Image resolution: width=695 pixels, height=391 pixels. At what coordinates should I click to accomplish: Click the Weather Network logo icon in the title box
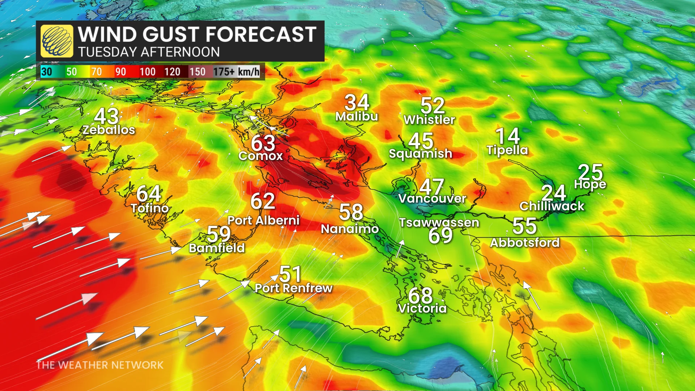(x=56, y=41)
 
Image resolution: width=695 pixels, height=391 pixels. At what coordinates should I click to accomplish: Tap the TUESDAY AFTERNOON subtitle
(x=149, y=52)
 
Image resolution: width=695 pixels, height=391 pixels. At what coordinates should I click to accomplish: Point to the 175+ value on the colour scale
(x=224, y=72)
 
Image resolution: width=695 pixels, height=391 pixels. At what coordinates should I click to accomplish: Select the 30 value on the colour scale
(x=47, y=72)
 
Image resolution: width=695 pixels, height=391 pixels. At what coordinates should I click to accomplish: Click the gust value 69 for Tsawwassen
(x=440, y=236)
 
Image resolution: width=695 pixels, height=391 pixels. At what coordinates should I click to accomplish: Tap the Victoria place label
(x=422, y=308)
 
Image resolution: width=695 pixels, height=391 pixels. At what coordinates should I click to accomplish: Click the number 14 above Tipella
(x=507, y=136)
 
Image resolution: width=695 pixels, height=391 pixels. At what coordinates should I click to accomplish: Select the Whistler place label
(x=429, y=120)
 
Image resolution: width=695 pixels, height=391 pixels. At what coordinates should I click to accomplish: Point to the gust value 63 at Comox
(x=263, y=143)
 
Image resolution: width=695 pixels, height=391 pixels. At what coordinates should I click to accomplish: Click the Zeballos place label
(x=109, y=130)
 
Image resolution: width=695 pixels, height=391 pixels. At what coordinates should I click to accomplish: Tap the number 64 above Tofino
(x=148, y=194)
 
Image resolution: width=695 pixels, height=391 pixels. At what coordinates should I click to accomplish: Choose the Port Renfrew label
(x=294, y=288)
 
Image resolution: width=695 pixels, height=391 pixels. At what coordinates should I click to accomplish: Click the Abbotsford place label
(x=525, y=243)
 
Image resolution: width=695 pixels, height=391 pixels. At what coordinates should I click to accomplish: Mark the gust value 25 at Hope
(x=590, y=172)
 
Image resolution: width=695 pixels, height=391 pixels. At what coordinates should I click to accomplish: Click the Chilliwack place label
(x=552, y=206)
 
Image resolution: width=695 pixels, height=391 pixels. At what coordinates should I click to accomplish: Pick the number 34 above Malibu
(x=357, y=102)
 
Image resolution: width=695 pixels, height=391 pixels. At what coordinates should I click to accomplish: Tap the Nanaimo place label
(x=350, y=229)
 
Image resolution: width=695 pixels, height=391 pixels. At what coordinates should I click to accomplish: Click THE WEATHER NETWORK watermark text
(x=100, y=365)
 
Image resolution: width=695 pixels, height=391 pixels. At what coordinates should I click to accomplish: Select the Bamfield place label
(x=217, y=248)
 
